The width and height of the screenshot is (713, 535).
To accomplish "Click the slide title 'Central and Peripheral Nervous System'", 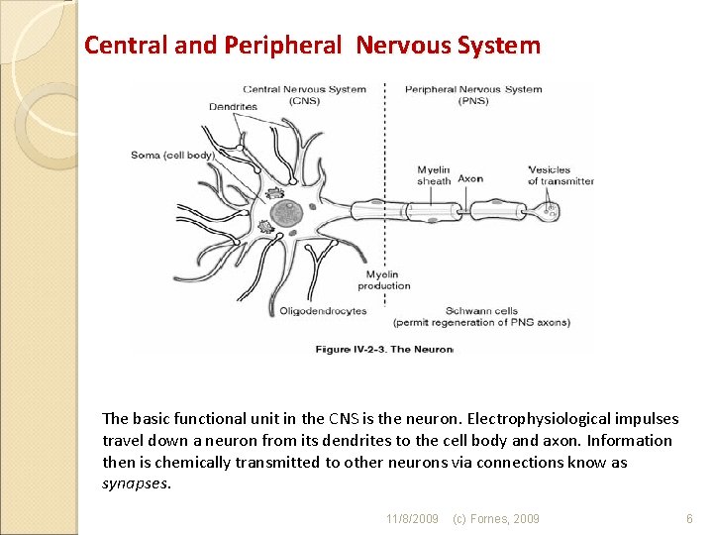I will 312,45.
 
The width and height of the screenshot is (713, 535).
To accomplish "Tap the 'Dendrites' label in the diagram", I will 233,107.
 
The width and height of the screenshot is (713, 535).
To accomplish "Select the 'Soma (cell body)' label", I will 172,156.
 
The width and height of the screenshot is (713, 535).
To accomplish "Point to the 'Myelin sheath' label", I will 434,175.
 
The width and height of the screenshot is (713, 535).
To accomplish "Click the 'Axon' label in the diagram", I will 470,179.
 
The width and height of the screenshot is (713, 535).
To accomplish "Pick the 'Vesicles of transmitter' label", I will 560,175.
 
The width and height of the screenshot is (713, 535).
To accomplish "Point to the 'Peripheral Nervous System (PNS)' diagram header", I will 473,94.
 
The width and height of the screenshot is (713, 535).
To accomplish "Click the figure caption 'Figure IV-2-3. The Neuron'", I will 383,349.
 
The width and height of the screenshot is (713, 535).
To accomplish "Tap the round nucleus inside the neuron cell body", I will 287,213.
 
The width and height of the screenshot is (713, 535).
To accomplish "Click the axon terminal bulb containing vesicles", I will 551,211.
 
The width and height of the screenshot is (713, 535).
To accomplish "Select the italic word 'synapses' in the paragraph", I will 136,483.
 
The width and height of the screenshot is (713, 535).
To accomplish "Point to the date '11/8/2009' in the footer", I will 412,518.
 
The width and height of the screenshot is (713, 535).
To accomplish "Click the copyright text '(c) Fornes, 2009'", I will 496,518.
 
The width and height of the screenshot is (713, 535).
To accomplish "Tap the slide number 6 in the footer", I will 689,518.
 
